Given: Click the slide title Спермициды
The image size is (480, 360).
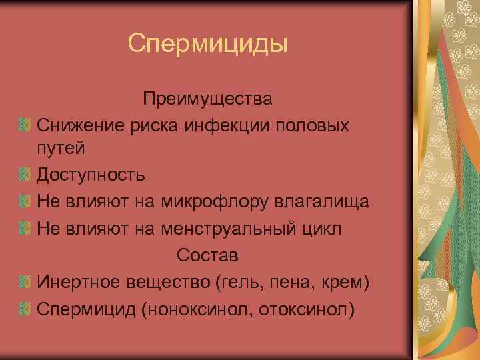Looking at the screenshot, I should pyautogui.click(x=207, y=45).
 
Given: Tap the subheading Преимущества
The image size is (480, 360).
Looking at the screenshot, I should pyautogui.click(x=207, y=99).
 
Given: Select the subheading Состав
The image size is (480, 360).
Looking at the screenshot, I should pyautogui.click(x=207, y=256).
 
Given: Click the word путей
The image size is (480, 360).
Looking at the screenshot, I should pyautogui.click(x=61, y=148).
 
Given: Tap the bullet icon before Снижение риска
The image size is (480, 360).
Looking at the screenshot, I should pyautogui.click(x=25, y=125).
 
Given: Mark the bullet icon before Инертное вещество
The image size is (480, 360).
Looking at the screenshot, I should pyautogui.click(x=25, y=283).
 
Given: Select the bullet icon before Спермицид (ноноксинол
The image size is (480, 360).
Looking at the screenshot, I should pyautogui.click(x=25, y=310).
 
